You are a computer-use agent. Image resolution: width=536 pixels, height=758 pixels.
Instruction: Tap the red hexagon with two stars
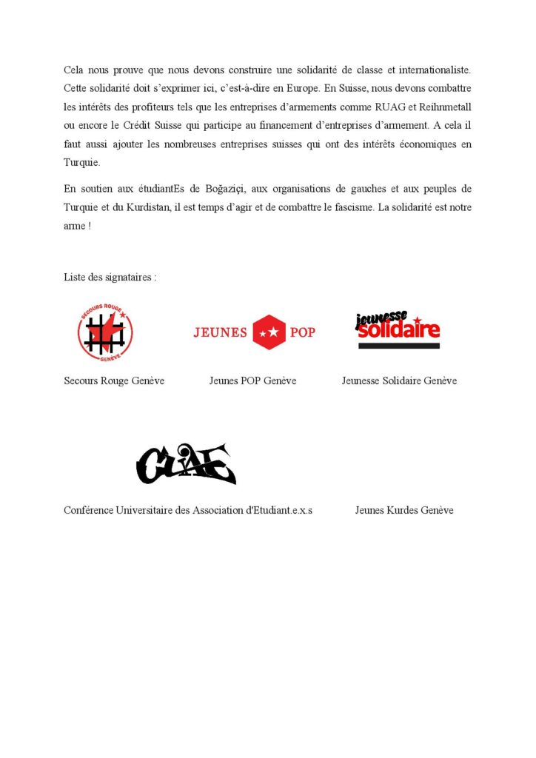[x=269, y=332]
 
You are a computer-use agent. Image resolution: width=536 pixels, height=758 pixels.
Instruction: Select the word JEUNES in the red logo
[x=220, y=332]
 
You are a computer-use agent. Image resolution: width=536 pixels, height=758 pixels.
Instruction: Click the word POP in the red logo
[x=302, y=332]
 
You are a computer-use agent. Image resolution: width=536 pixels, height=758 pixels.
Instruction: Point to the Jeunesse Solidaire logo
[x=398, y=329]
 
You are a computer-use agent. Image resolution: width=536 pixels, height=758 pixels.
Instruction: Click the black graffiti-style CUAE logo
[x=186, y=464]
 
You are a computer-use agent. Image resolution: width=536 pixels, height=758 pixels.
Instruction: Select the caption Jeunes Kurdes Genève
[x=404, y=510]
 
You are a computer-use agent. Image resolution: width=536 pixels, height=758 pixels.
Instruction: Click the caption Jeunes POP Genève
[x=252, y=380]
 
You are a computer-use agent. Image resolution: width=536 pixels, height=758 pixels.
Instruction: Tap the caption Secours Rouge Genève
[x=114, y=380]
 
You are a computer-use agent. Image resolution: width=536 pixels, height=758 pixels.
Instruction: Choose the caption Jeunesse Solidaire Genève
[x=399, y=380]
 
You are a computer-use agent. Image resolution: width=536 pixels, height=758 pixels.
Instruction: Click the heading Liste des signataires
[x=110, y=278]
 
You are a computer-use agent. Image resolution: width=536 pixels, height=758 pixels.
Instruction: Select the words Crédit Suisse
[x=141, y=126]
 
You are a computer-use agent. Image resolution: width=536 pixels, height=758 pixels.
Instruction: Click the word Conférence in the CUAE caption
[x=89, y=510]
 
